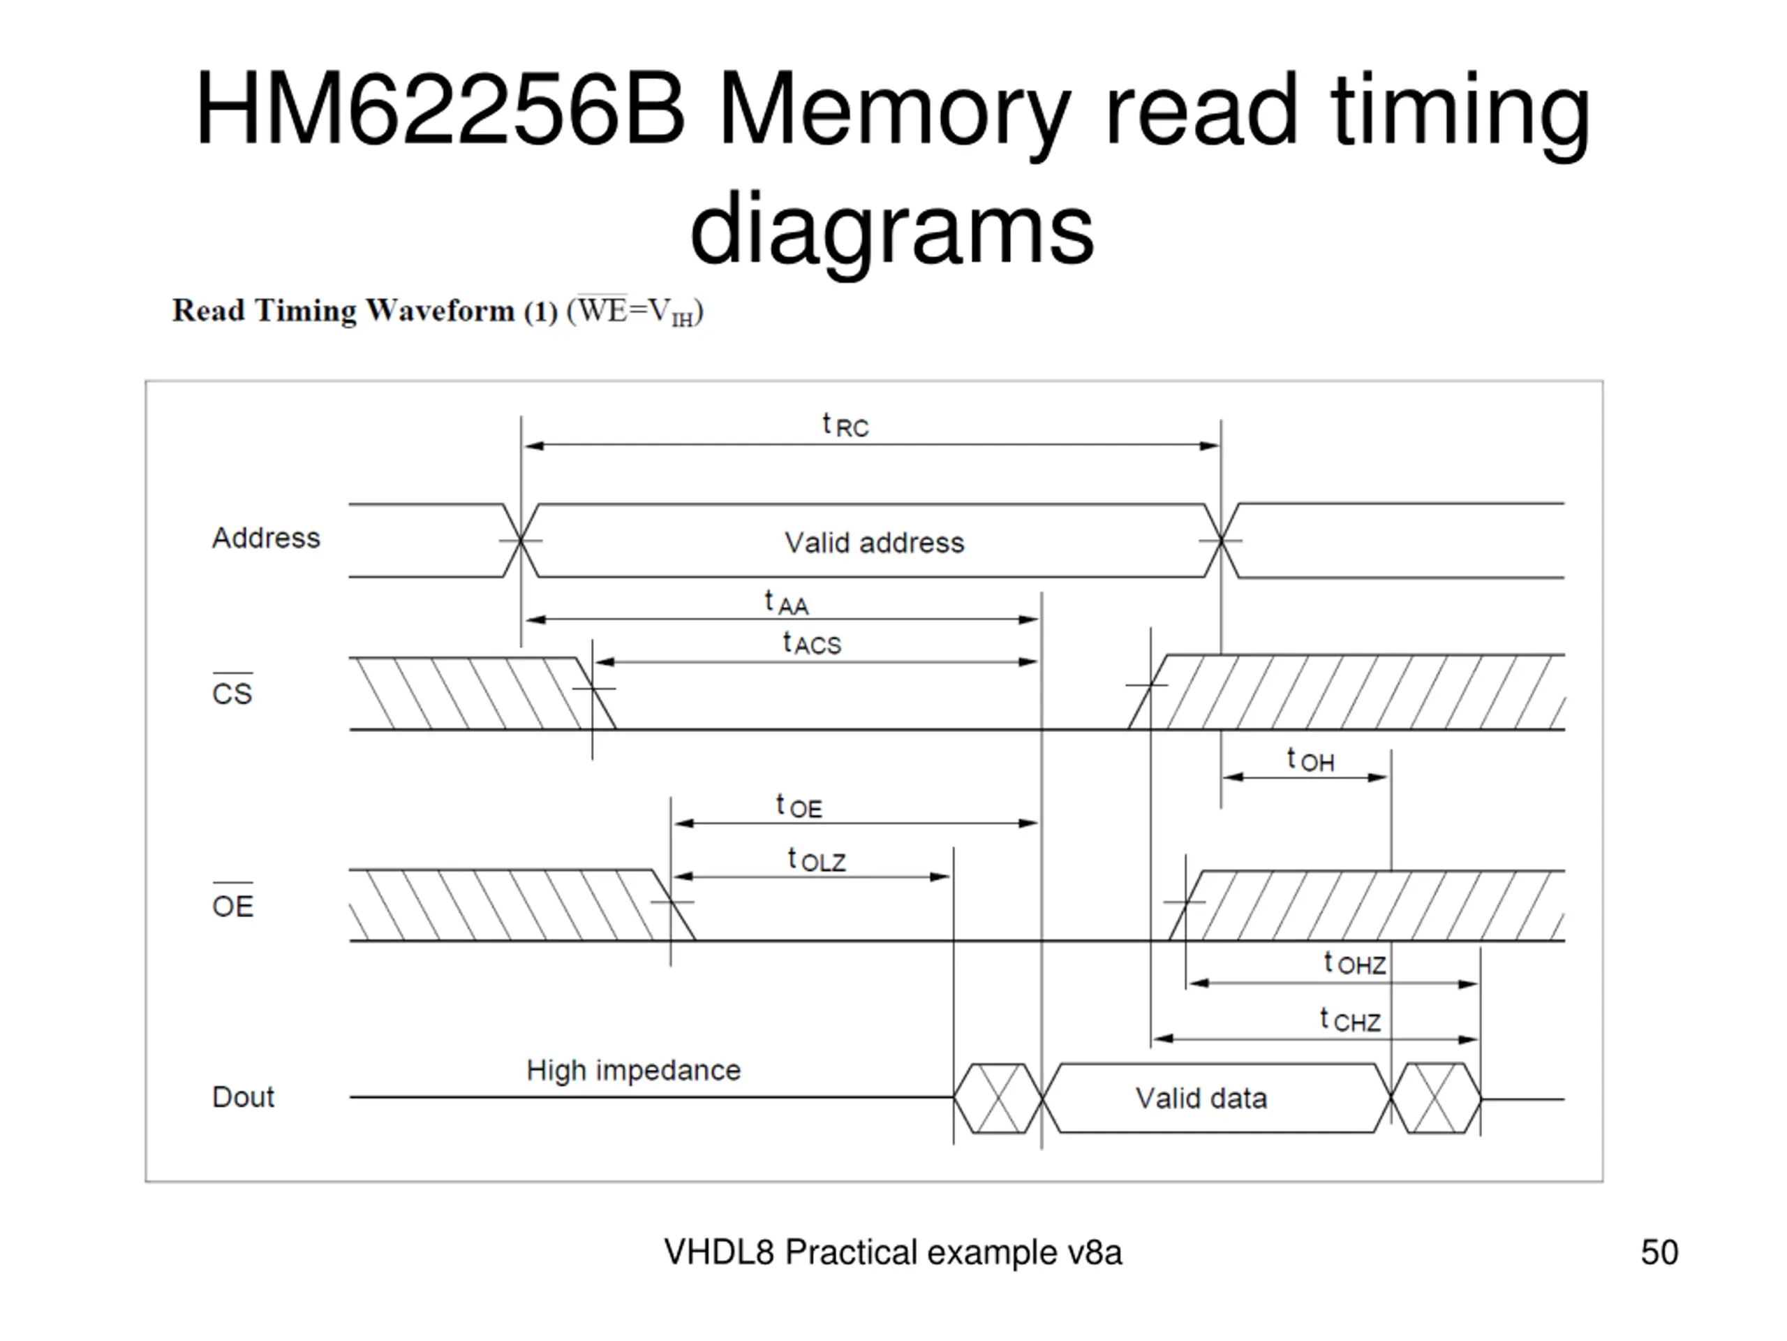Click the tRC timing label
tap(845, 425)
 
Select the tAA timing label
tap(786, 603)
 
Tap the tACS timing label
tap(812, 643)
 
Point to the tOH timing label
tap(1310, 760)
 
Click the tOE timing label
tap(799, 806)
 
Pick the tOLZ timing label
tap(817, 859)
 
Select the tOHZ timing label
tap(1355, 962)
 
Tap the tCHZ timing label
tap(1350, 1020)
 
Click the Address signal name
tap(266, 538)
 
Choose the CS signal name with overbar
tap(232, 689)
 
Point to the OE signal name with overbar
tap(232, 900)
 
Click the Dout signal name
tap(243, 1097)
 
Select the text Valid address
tap(874, 543)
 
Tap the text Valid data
tap(1201, 1099)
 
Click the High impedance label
tap(633, 1071)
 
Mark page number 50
tap(1659, 1252)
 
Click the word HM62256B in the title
tap(440, 110)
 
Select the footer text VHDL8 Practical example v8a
tap(893, 1252)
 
